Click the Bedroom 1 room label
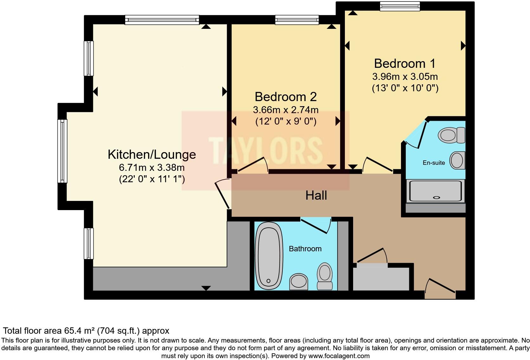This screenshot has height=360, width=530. [x=404, y=63]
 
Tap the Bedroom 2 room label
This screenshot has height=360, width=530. [x=286, y=97]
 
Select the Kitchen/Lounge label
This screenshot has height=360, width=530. [x=152, y=154]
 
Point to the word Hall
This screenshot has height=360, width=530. [x=316, y=196]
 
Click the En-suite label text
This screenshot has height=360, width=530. [x=434, y=163]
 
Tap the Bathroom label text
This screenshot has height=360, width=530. [x=305, y=248]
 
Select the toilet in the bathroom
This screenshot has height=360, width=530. [x=325, y=276]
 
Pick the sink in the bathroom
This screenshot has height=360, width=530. [x=299, y=282]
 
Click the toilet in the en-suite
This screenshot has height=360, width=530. [x=451, y=135]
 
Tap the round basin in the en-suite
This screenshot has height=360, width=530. [x=457, y=160]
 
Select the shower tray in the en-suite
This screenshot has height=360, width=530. [x=435, y=191]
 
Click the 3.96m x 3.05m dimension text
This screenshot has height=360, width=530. [x=405, y=77]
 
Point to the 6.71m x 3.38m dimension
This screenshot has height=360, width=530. [x=152, y=167]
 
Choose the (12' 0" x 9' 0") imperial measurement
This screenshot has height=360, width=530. [x=286, y=121]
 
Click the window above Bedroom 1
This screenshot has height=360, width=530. [x=400, y=6]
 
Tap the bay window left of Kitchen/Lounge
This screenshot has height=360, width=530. [x=62, y=151]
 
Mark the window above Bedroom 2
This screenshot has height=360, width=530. [x=297, y=20]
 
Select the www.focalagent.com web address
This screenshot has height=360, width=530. [x=339, y=356]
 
